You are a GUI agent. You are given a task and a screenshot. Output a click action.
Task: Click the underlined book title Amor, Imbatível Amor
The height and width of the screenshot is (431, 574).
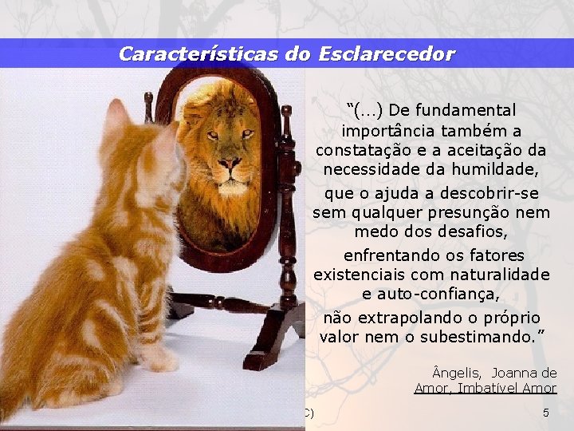[x=485, y=388]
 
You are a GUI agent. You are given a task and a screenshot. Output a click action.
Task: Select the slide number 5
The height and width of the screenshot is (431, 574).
[x=545, y=413]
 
